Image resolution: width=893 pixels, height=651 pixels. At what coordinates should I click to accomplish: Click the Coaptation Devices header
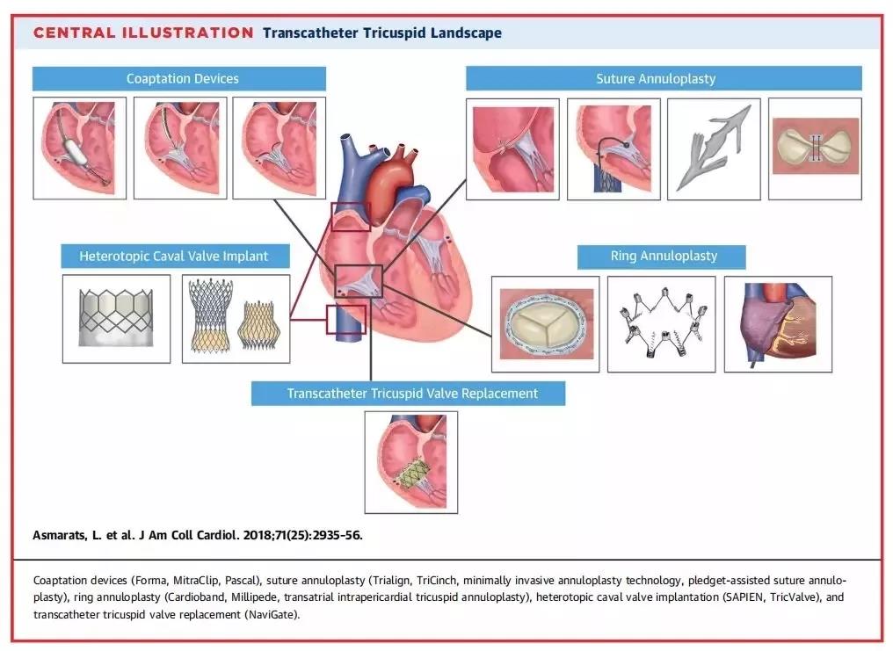point(182,79)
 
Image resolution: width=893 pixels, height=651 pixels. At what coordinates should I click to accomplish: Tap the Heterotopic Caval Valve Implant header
point(173,257)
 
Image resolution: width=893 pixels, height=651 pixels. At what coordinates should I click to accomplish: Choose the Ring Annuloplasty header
point(664,257)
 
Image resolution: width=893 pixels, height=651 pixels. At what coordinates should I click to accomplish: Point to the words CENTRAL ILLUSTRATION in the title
point(143,33)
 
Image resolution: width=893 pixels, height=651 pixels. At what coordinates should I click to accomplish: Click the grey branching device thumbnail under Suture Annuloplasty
point(714,148)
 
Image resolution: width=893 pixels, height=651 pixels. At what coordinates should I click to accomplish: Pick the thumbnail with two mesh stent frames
point(235,318)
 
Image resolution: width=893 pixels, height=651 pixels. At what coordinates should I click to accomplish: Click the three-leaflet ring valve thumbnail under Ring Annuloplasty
point(545,323)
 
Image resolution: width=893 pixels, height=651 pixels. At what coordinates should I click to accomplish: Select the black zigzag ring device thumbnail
point(661,323)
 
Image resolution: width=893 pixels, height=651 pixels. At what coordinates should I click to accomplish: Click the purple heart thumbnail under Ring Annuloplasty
point(777,323)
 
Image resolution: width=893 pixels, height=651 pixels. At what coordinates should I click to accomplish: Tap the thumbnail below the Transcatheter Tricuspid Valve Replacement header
point(411,462)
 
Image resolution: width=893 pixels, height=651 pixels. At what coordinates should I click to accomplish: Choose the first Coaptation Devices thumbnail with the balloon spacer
point(79,148)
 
